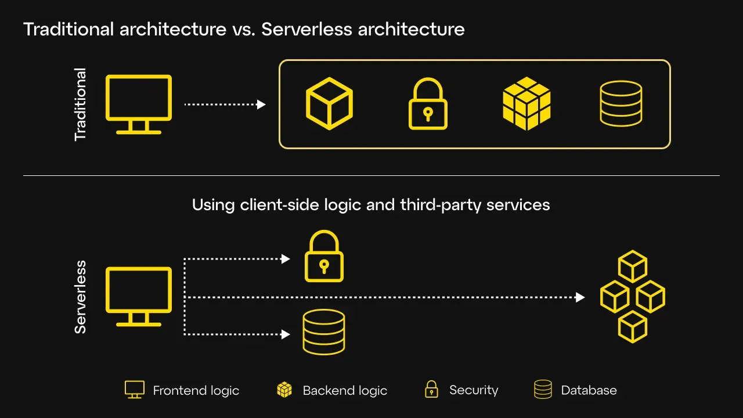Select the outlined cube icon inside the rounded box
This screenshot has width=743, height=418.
[330, 103]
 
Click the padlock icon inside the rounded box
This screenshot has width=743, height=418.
[428, 105]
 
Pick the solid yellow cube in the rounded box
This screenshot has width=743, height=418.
[526, 103]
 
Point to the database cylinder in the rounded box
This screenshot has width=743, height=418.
[621, 103]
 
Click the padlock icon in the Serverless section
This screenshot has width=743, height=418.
[324, 257]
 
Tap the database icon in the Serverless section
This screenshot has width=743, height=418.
[324, 332]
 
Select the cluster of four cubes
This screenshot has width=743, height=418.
[633, 297]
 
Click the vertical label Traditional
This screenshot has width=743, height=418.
[80, 105]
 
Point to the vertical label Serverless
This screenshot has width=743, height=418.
[80, 297]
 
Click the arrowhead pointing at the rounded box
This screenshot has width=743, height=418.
[261, 105]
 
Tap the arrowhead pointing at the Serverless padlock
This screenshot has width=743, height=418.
[286, 259]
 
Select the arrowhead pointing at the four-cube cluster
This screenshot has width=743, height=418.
[580, 297]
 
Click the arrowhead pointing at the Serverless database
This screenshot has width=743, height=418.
[286, 334]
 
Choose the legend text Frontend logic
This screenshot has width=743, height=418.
[196, 391]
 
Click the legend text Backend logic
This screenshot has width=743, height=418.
[345, 391]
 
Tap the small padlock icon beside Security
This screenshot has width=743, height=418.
[431, 390]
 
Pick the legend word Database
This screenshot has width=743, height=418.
[589, 391]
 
